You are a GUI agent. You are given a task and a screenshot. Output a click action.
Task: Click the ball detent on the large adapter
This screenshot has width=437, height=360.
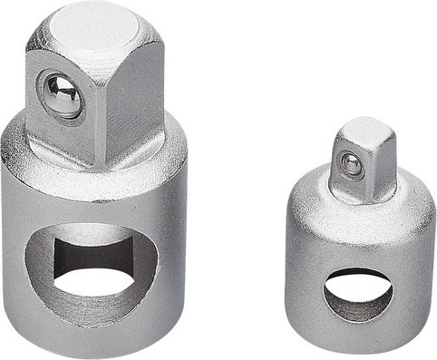pyautogui.click(x=62, y=95)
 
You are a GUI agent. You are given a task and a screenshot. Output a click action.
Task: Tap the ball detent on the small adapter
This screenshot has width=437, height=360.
pyautogui.click(x=348, y=164)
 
